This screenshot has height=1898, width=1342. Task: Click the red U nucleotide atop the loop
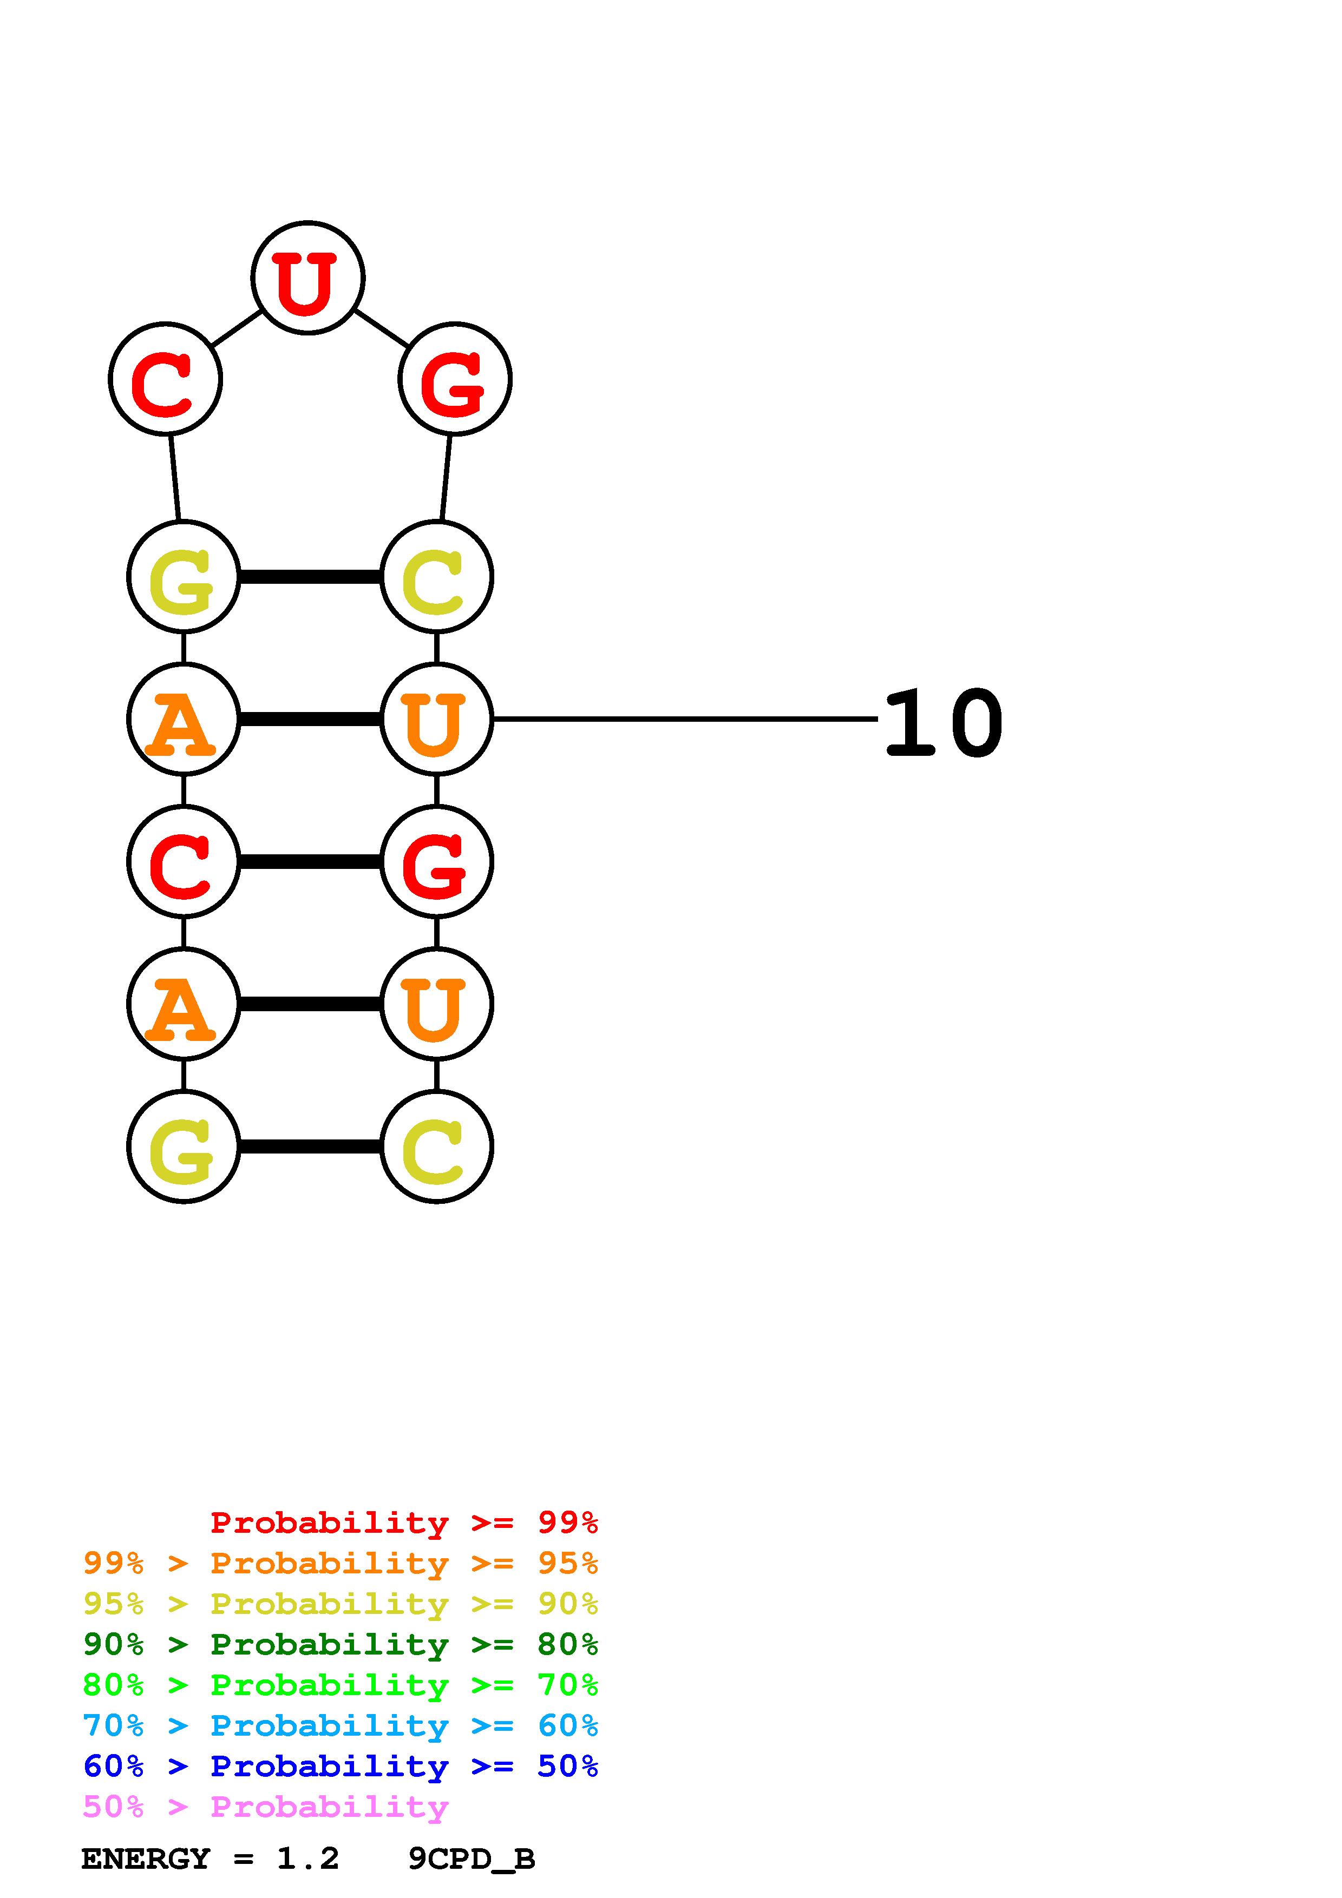[x=307, y=278]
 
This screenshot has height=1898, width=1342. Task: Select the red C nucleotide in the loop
[x=165, y=379]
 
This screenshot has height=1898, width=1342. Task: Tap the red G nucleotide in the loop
[x=455, y=379]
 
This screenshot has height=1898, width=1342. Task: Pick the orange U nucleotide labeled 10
[x=436, y=719]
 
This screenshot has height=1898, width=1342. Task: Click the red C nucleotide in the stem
[x=184, y=861]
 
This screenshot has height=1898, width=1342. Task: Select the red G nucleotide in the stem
[x=436, y=861]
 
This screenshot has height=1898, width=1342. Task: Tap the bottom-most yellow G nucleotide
[x=184, y=1146]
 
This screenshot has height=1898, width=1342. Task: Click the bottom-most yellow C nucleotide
[x=436, y=1146]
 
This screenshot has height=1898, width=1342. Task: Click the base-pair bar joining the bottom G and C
[x=310, y=1146]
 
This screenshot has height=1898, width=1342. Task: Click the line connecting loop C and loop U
[x=237, y=328]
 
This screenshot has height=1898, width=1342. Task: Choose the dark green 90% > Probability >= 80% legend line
[x=340, y=1645]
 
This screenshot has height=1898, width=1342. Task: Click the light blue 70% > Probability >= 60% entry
[x=340, y=1726]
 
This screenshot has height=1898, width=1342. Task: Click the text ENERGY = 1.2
[x=210, y=1859]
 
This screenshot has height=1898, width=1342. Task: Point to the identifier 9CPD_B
[x=472, y=1859]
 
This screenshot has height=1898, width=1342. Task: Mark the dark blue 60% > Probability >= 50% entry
[x=340, y=1767]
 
